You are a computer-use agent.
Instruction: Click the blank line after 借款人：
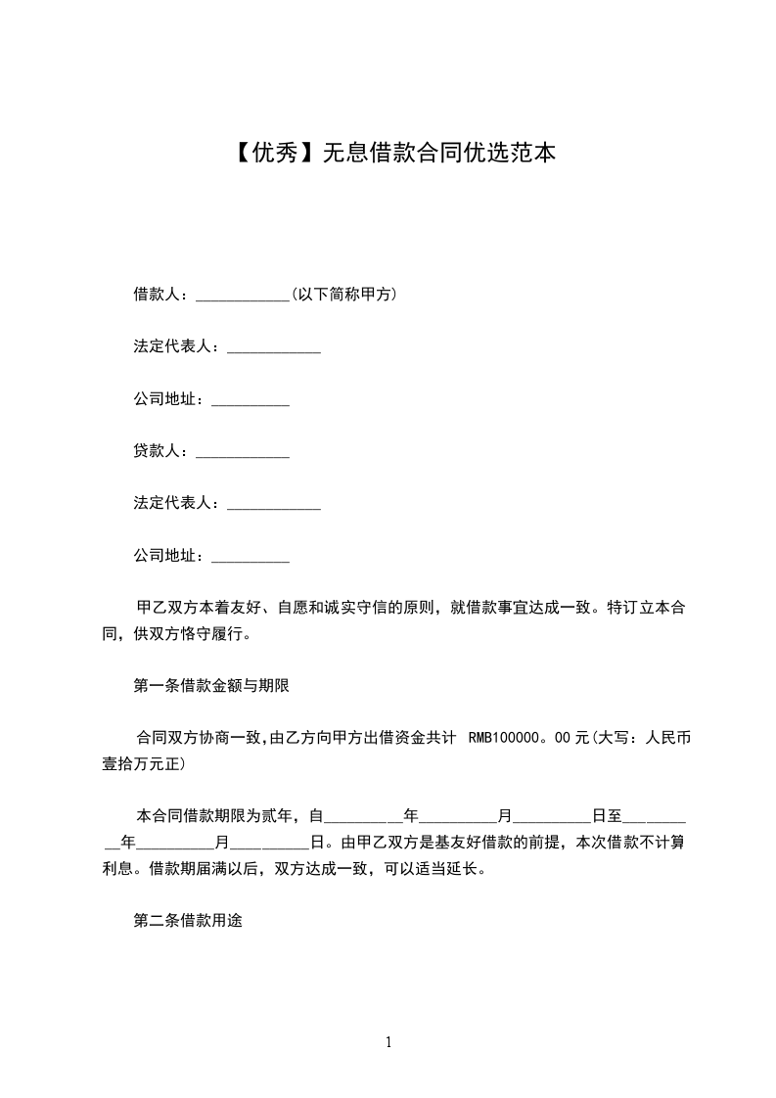tap(243, 297)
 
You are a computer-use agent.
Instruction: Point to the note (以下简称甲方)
tap(343, 295)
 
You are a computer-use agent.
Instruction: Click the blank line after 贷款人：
tap(243, 454)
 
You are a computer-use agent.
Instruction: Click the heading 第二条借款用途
tap(187, 921)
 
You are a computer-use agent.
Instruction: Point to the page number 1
tap(388, 1042)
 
